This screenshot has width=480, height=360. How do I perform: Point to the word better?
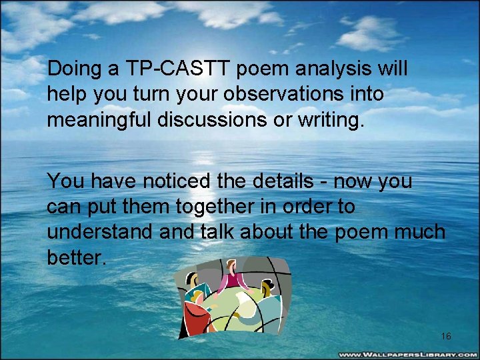(76, 258)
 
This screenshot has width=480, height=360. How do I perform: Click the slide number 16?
(446, 337)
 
